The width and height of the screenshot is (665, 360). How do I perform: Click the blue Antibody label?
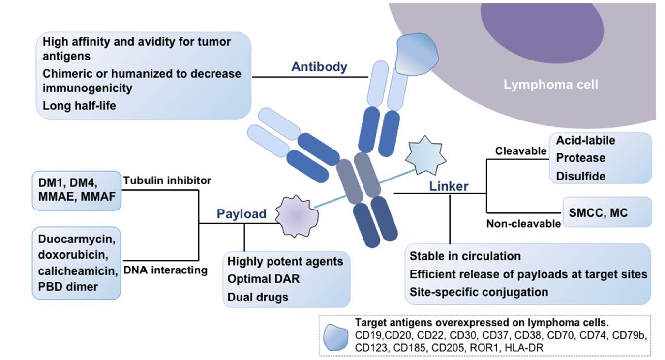click(x=319, y=67)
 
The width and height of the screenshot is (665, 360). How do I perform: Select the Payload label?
click(x=242, y=214)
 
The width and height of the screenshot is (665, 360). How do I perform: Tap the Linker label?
click(x=449, y=186)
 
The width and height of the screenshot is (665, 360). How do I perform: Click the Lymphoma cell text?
click(x=550, y=85)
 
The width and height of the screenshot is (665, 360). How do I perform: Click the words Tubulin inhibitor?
click(x=167, y=180)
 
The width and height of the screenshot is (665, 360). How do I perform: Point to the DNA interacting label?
click(x=165, y=270)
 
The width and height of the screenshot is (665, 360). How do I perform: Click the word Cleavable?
click(x=520, y=151)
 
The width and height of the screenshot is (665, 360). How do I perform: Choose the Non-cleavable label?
click(x=523, y=224)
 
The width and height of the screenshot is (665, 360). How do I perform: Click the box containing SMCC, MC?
click(x=607, y=212)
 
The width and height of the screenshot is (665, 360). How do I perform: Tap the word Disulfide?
click(x=580, y=176)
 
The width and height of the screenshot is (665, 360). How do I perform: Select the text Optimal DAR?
click(x=263, y=279)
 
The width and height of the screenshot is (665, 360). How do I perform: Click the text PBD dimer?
click(x=68, y=286)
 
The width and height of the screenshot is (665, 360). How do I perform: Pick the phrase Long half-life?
click(x=79, y=105)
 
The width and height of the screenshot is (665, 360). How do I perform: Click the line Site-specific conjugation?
click(x=479, y=292)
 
